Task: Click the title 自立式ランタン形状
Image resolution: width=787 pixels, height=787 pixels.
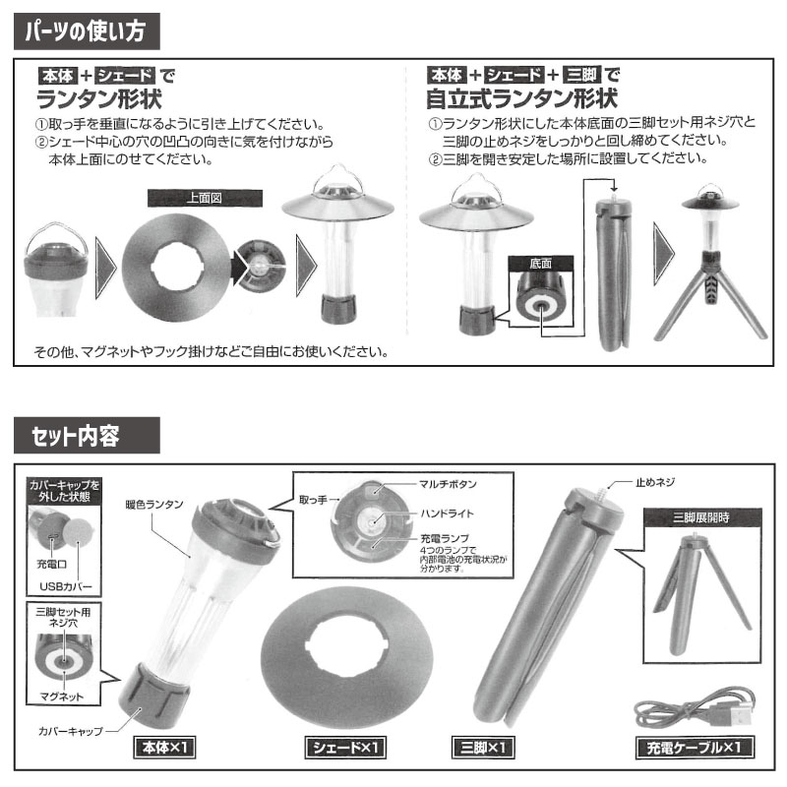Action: click(521, 99)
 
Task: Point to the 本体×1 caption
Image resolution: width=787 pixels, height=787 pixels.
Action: click(165, 748)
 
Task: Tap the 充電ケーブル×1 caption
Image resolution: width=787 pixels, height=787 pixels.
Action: click(695, 748)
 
